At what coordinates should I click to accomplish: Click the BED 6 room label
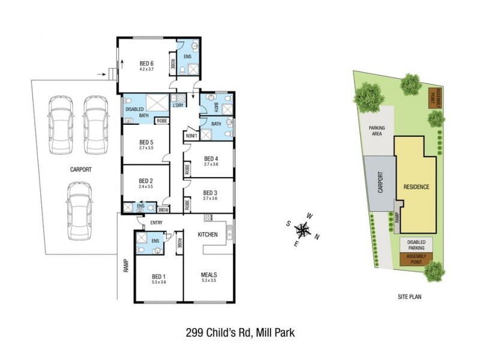coord(147,63)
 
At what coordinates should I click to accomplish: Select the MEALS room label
coord(209,277)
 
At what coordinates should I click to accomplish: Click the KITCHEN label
coord(208,234)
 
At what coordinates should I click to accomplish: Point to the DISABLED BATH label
coord(136,112)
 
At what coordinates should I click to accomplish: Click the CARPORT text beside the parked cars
coord(80,170)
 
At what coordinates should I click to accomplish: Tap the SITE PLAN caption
coord(412,297)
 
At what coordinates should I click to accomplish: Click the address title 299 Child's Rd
coord(239,331)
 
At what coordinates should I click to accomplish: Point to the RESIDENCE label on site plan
coord(416,187)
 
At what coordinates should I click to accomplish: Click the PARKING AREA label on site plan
coord(377,131)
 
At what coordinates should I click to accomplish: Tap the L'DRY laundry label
coord(178,106)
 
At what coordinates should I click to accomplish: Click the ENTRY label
coord(157,223)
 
